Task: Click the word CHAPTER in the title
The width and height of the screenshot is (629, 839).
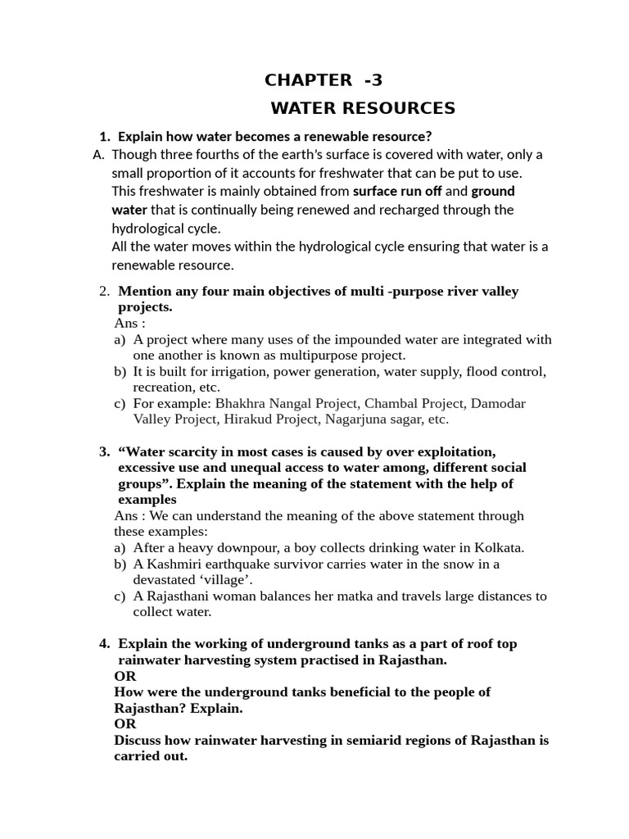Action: click(x=308, y=80)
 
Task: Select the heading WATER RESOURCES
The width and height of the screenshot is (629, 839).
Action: click(x=363, y=108)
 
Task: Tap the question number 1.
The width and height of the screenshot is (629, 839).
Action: click(x=104, y=136)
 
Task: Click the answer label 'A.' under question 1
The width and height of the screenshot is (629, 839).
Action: click(x=99, y=154)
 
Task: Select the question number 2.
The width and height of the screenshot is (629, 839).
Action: click(x=104, y=291)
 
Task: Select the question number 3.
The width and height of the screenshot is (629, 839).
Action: click(x=104, y=451)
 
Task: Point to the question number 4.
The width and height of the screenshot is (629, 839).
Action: click(x=104, y=644)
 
